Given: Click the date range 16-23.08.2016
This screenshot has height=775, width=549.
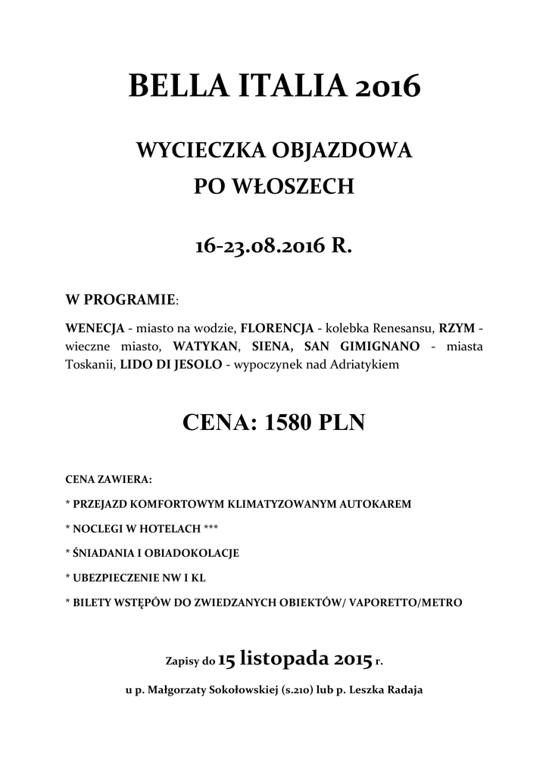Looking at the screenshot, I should [x=260, y=246].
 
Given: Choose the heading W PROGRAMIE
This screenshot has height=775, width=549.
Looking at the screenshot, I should [x=120, y=300].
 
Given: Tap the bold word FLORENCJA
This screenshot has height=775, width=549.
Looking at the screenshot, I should [x=277, y=328].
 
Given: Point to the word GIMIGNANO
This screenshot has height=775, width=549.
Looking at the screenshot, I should [x=378, y=347].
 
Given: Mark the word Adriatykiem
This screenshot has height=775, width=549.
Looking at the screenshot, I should [x=363, y=365].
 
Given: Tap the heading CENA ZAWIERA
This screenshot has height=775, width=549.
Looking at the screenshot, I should [x=108, y=479].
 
